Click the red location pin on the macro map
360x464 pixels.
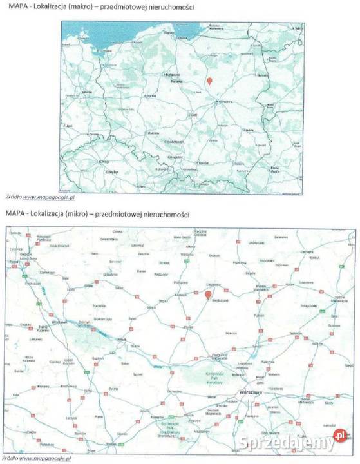click(x=209, y=81)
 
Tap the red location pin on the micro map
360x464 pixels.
click(x=208, y=295)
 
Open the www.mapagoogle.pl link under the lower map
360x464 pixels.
click(x=45, y=458)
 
